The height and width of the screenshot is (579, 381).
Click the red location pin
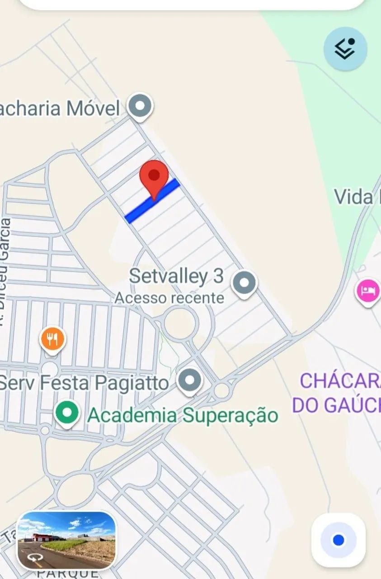pyautogui.click(x=154, y=176)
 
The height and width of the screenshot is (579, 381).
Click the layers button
pyautogui.click(x=345, y=48)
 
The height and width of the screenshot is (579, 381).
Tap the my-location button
pyautogui.click(x=338, y=540)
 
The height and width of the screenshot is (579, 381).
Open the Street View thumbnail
pyautogui.click(x=66, y=540)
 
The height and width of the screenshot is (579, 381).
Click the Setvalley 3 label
pyautogui.click(x=176, y=276)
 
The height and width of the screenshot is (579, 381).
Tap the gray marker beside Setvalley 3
pyautogui.click(x=244, y=283)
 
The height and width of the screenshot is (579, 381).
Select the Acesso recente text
pyautogui.click(x=169, y=298)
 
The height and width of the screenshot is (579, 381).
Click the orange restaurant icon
pyautogui.click(x=52, y=340)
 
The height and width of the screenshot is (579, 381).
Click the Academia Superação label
pyautogui.click(x=183, y=415)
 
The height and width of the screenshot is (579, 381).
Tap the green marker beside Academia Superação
pyautogui.click(x=67, y=413)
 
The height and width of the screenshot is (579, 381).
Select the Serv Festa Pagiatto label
pyautogui.click(x=84, y=383)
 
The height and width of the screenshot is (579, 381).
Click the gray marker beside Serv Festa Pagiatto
pyautogui.click(x=190, y=380)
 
